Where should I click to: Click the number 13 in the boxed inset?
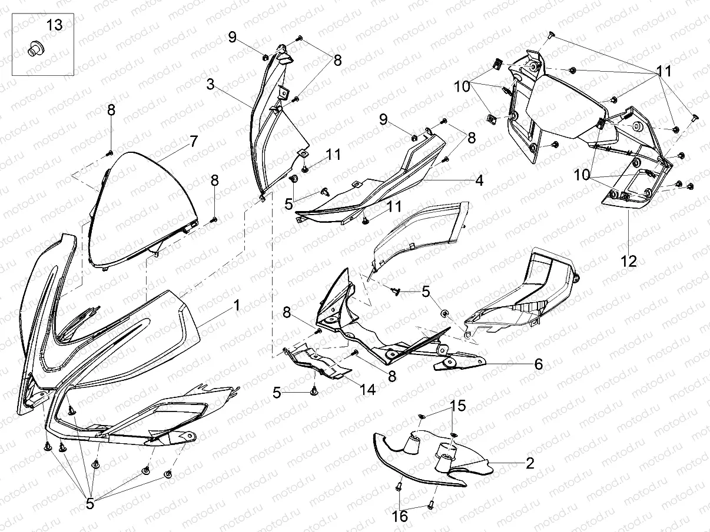pyautogui.click(x=54, y=25)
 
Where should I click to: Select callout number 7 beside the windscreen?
pyautogui.click(x=194, y=141)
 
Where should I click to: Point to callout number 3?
pyautogui.click(x=210, y=84)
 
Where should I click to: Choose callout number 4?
pyautogui.click(x=479, y=180)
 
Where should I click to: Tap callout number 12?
pyautogui.click(x=629, y=261)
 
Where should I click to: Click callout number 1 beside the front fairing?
pyautogui.click(x=237, y=305)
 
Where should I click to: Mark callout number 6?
pyautogui.click(x=538, y=364)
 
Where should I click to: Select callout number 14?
pyautogui.click(x=369, y=390)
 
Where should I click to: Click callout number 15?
pyautogui.click(x=458, y=406)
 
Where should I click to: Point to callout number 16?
pyautogui.click(x=400, y=516)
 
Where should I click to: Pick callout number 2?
pyautogui.click(x=530, y=464)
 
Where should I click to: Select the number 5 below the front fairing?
pyautogui.click(x=90, y=503)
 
